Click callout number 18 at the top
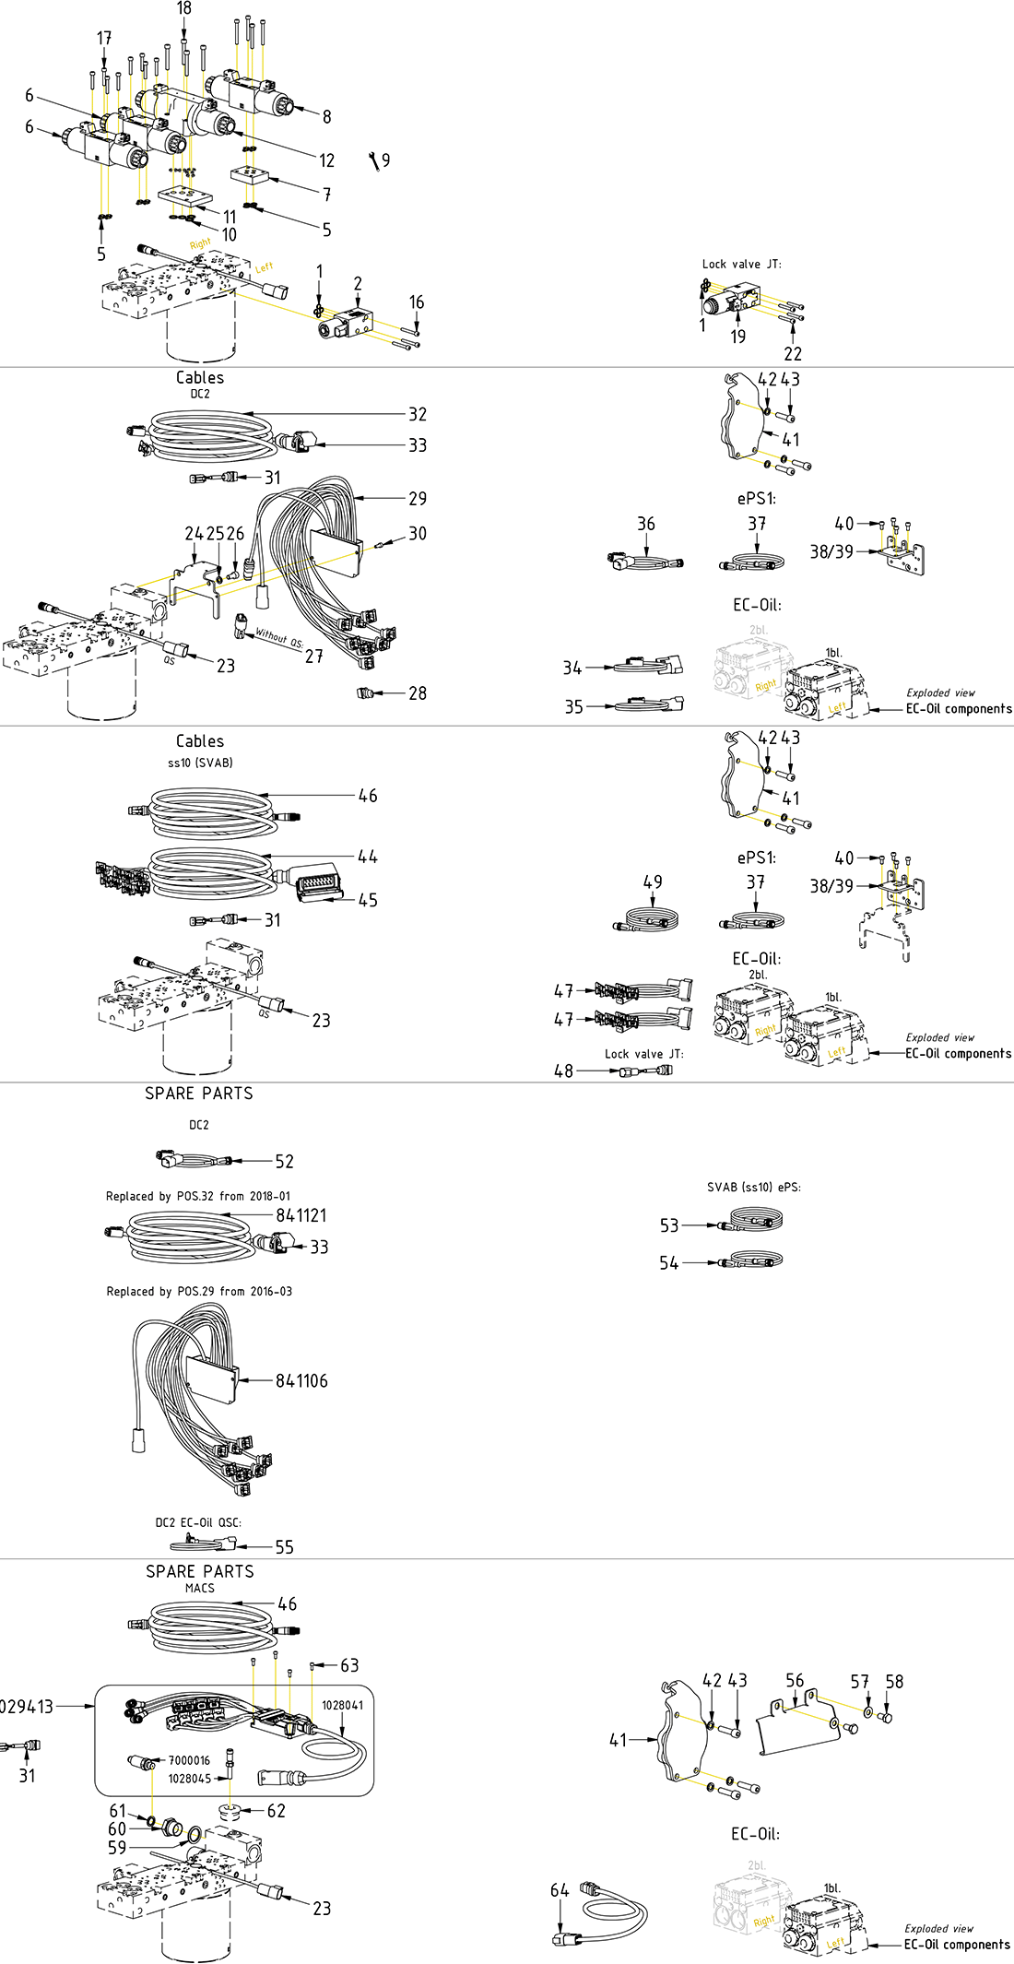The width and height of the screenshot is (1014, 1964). pyautogui.click(x=184, y=8)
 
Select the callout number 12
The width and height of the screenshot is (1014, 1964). pyautogui.click(x=326, y=160)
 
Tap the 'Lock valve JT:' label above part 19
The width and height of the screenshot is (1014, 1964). pyautogui.click(x=741, y=264)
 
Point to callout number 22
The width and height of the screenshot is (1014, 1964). pyautogui.click(x=793, y=353)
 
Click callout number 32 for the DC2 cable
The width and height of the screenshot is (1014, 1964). pyautogui.click(x=418, y=414)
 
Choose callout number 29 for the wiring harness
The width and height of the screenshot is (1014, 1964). pyautogui.click(x=418, y=498)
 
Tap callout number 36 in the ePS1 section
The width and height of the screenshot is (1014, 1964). pyautogui.click(x=646, y=524)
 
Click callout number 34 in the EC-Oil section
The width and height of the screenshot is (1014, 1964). pyautogui.click(x=572, y=668)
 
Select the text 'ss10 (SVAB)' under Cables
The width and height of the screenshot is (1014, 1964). pyautogui.click(x=200, y=763)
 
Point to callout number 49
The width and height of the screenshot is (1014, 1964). pyautogui.click(x=653, y=881)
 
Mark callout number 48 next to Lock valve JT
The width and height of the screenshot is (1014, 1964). pyautogui.click(x=563, y=1071)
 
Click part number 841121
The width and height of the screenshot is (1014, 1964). pyautogui.click(x=301, y=1215)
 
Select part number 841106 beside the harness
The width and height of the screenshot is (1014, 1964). pyautogui.click(x=301, y=1380)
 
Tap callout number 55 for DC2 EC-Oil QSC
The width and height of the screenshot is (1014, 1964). pyautogui.click(x=284, y=1547)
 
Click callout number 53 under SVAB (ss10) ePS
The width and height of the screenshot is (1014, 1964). pyautogui.click(x=669, y=1225)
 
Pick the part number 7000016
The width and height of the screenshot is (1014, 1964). pyautogui.click(x=189, y=1760)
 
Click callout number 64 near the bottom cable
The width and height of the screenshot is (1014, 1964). pyautogui.click(x=560, y=1890)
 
